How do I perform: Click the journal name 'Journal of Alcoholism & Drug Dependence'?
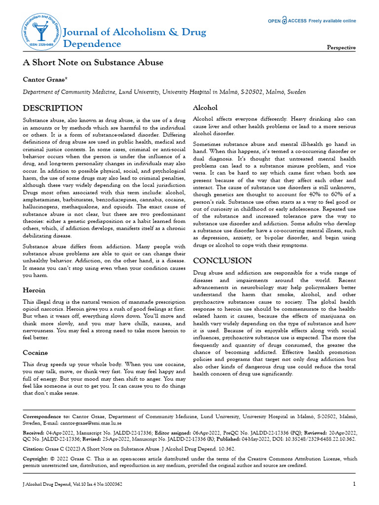click(135, 38)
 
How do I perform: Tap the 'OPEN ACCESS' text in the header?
click(287, 21)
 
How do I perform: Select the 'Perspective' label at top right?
click(341, 47)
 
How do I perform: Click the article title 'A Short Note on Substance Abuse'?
click(93, 63)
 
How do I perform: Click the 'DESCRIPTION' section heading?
click(53, 108)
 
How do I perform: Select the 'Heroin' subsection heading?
click(35, 290)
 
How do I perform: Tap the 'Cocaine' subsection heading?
click(36, 353)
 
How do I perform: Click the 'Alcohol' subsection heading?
click(205, 108)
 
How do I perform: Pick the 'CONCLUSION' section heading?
click(222, 260)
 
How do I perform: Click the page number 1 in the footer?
click(354, 484)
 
